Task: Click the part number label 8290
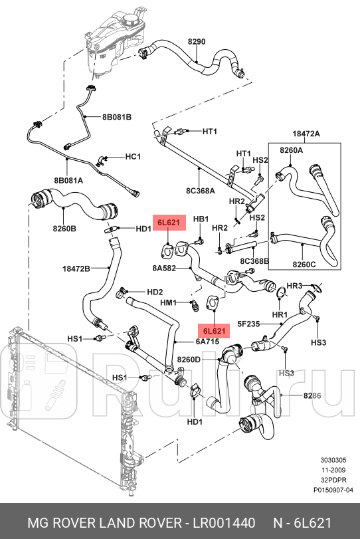pyautogui.click(x=196, y=41)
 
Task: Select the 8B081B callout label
pyautogui.click(x=117, y=117)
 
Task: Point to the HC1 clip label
pyautogui.click(x=133, y=157)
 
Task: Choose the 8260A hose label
pyautogui.click(x=290, y=150)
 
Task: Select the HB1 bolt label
pyautogui.click(x=201, y=219)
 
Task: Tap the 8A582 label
pyautogui.click(x=164, y=268)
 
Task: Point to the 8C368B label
pyautogui.click(x=254, y=261)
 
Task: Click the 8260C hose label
pyautogui.click(x=304, y=265)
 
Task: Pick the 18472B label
pyautogui.click(x=76, y=269)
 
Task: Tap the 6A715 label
pyautogui.click(x=189, y=342)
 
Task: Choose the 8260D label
pyautogui.click(x=189, y=360)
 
